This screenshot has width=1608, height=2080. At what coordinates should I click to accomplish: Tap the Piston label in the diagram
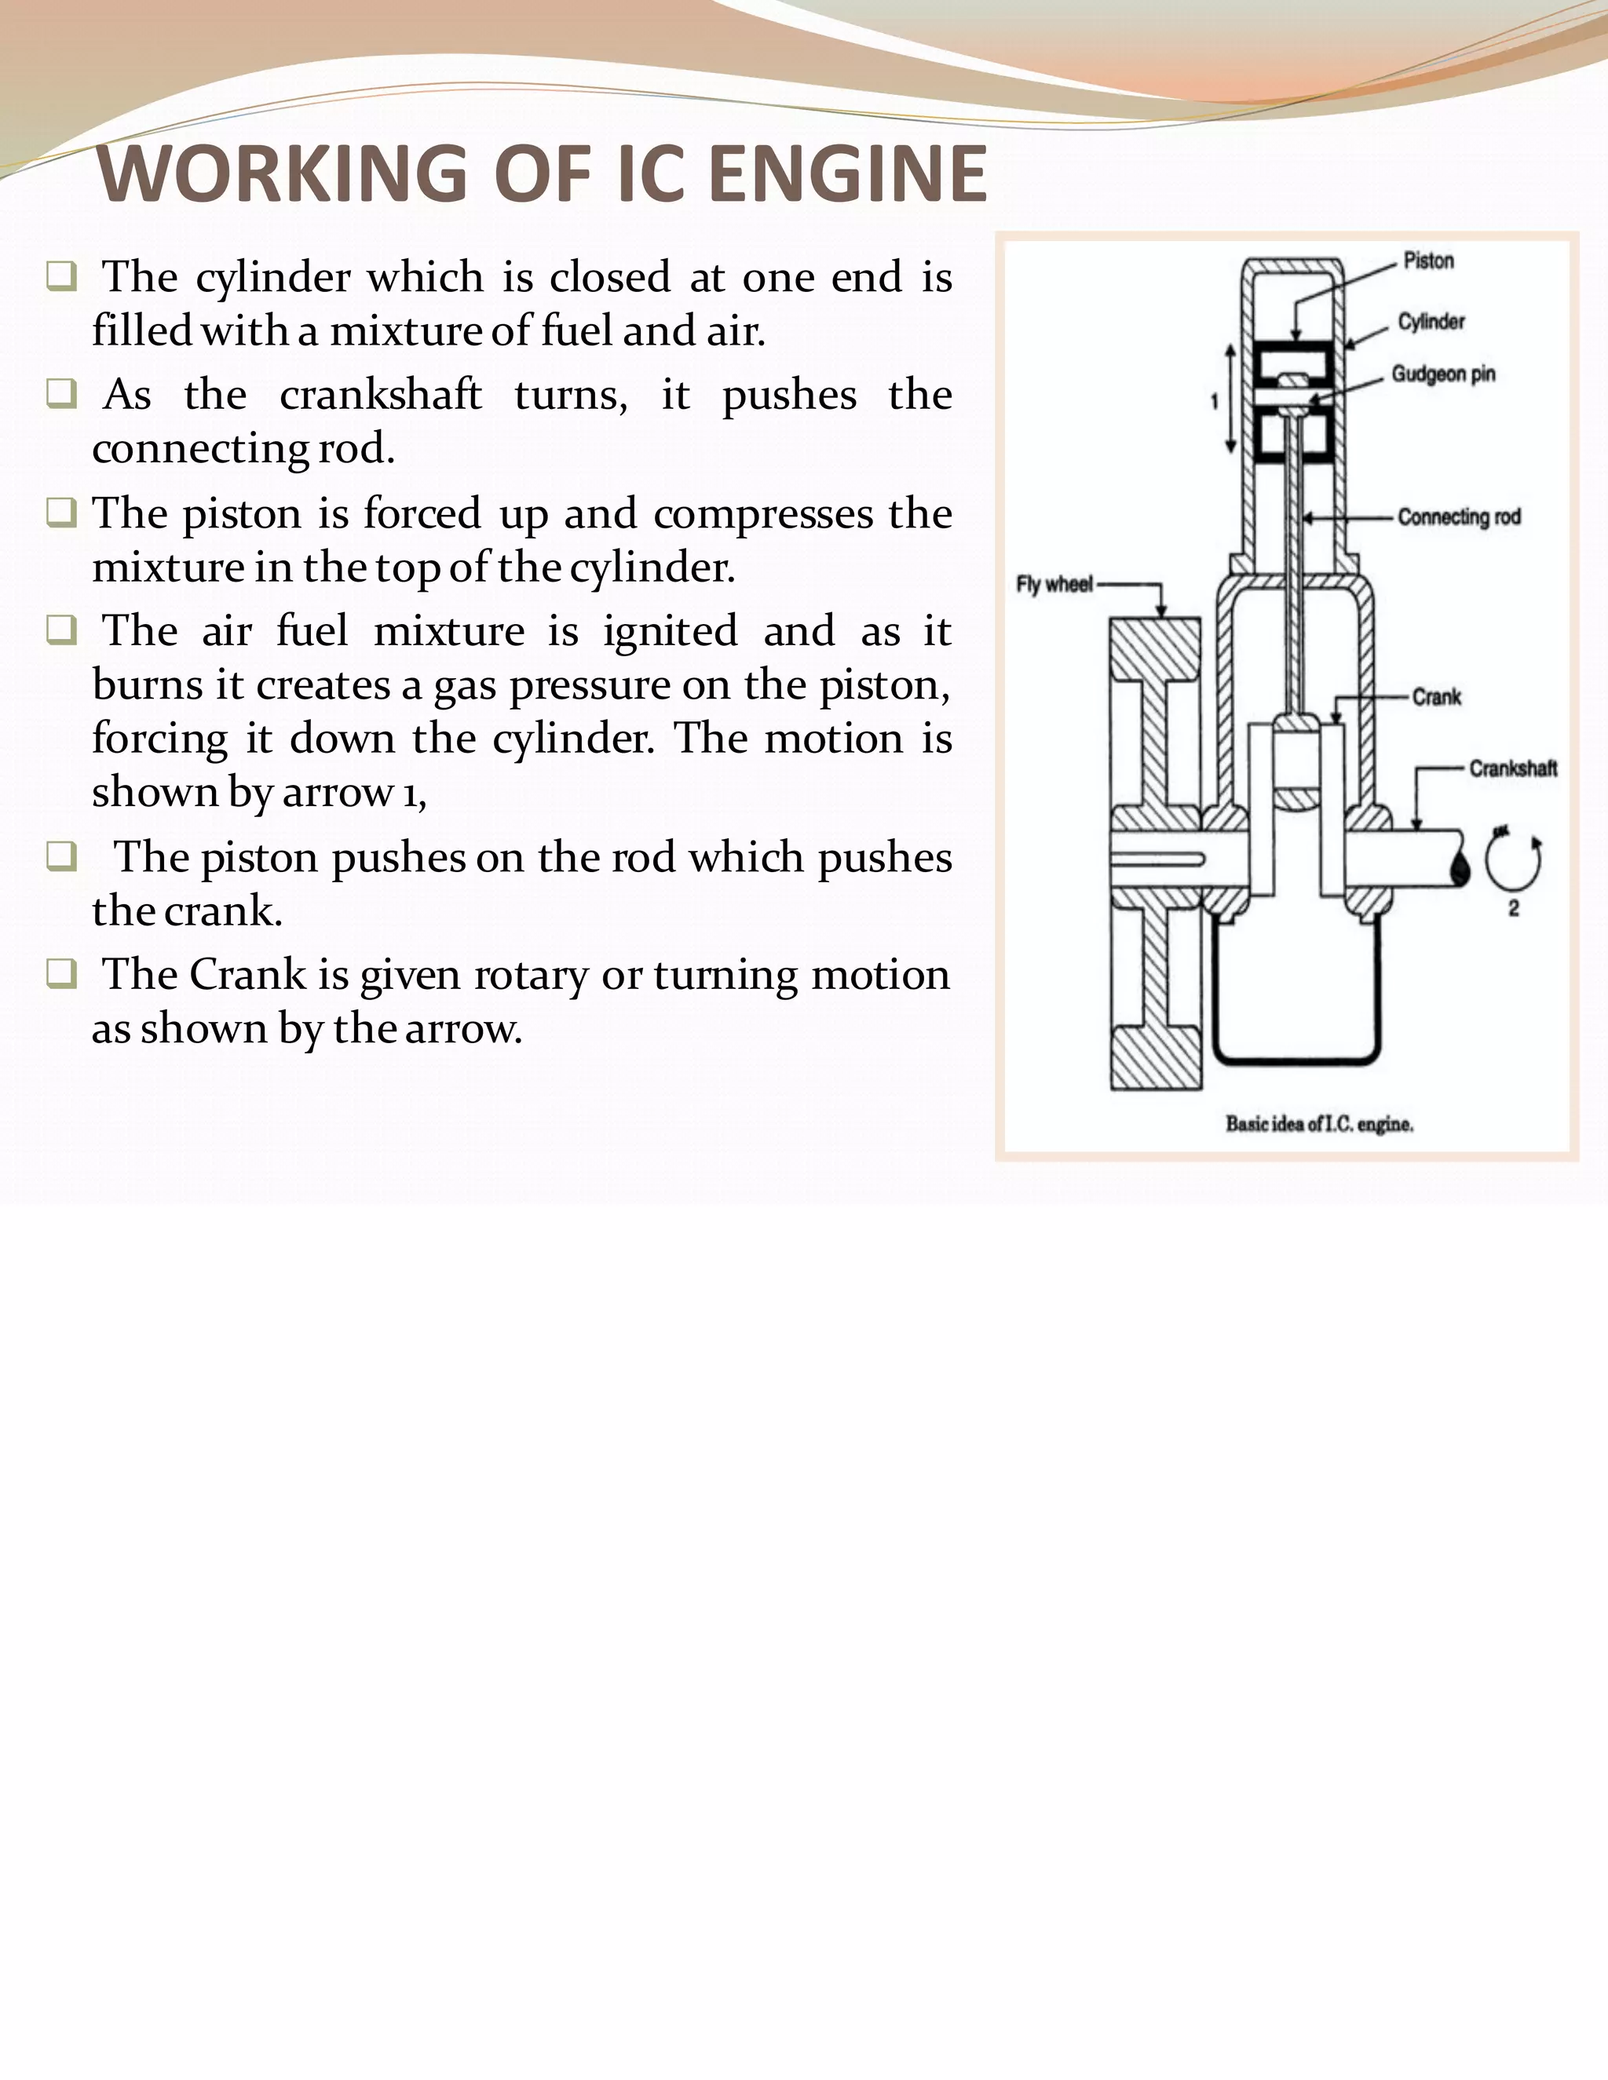coord(1428,261)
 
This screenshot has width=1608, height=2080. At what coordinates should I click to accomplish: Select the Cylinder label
coord(1431,322)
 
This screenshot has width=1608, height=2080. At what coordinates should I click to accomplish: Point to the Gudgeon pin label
coord(1443,374)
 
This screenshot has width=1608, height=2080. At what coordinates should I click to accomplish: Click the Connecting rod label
coord(1459,517)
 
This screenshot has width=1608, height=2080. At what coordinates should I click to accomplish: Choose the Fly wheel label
coord(1054,585)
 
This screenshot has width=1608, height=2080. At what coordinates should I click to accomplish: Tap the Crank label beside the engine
coord(1437,697)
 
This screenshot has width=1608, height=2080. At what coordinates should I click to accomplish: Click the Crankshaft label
coord(1513,768)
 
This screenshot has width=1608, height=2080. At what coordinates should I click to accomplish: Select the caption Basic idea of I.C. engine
coord(1319,1125)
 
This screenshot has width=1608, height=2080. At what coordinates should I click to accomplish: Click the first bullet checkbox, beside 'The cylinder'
coord(61,277)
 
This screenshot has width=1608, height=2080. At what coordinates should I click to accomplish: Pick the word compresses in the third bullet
coord(763,514)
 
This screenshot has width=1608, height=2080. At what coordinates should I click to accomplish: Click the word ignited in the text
coord(670,631)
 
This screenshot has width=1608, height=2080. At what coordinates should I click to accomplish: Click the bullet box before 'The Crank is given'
coord(61,974)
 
